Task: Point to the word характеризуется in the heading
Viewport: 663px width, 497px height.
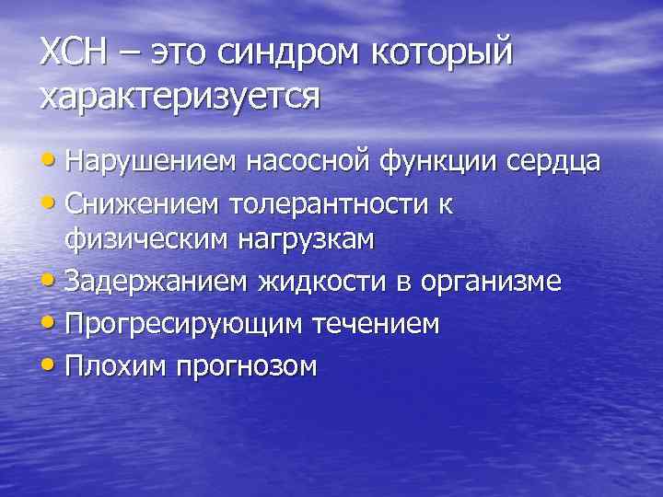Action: pyautogui.click(x=180, y=96)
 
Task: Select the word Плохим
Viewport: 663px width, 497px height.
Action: pyautogui.click(x=110, y=366)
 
